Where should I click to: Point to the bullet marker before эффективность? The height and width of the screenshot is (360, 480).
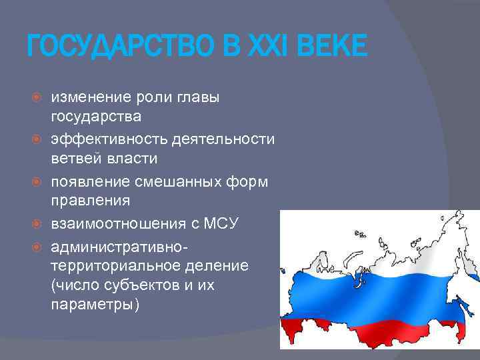38,139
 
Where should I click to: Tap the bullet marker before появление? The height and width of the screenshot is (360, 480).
38,181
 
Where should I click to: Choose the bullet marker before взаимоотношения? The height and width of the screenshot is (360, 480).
38,223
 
